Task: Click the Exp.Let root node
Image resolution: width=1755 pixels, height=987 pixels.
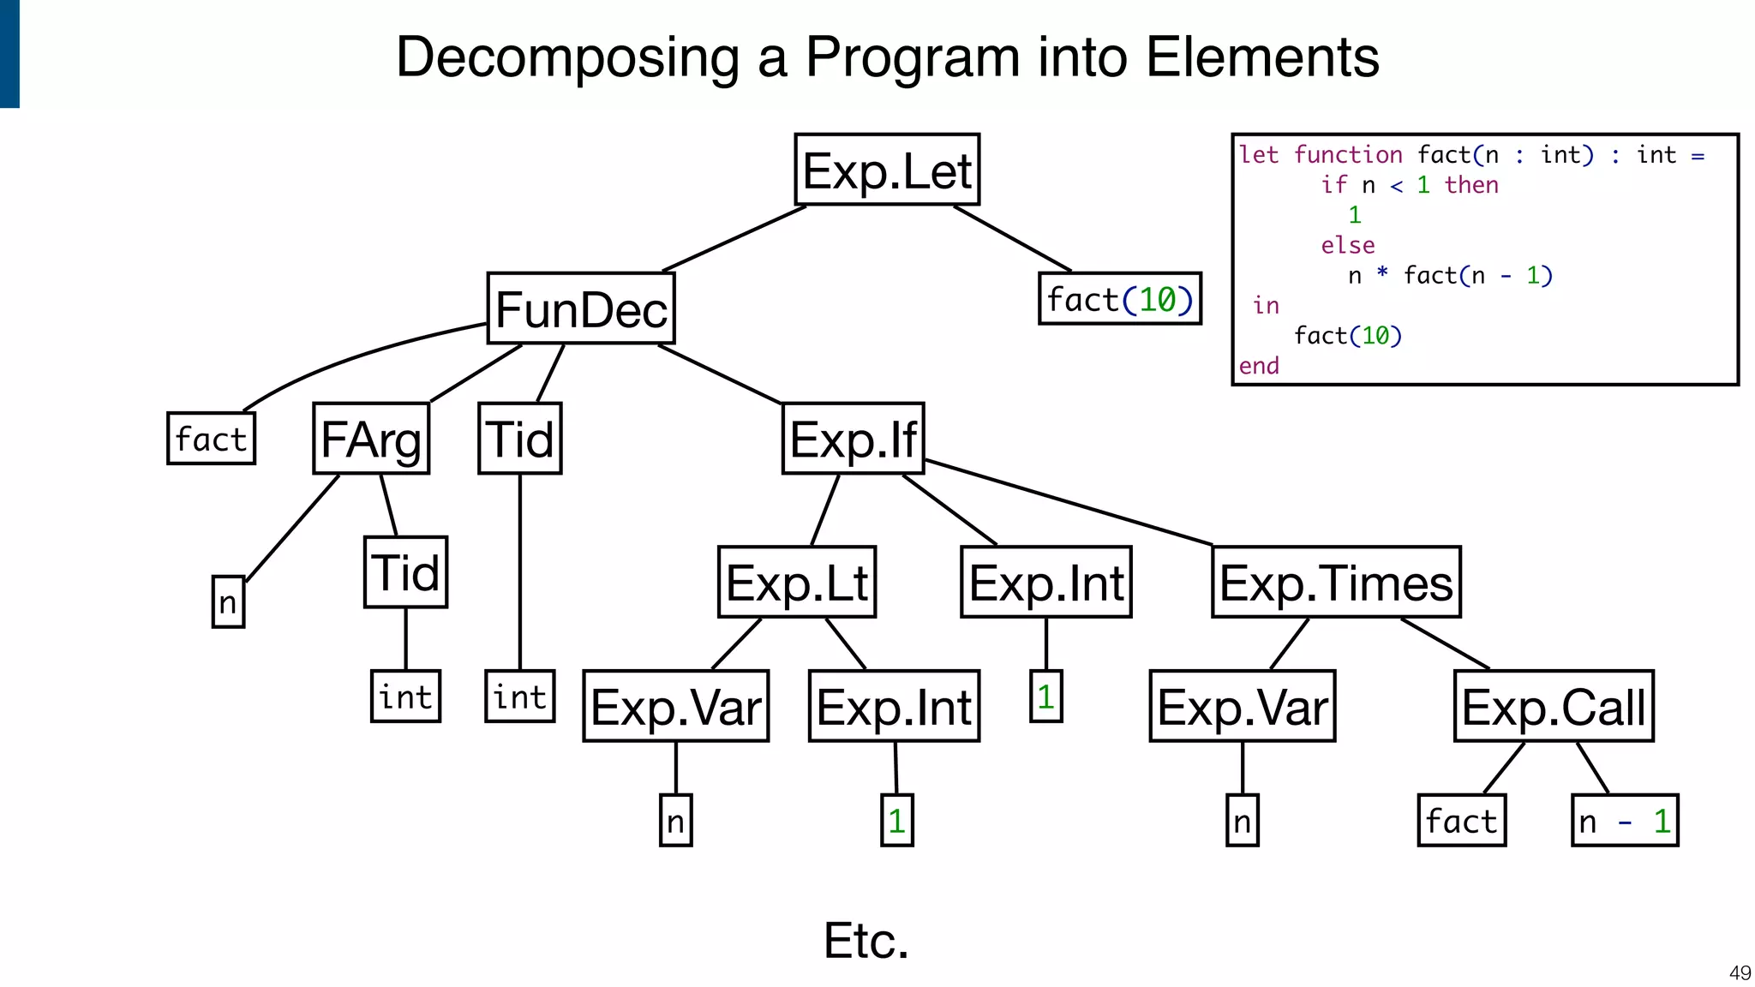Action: coord(887,170)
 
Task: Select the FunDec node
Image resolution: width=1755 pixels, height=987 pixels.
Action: coord(581,308)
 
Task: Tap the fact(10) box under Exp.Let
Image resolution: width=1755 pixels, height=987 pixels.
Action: coord(1120,299)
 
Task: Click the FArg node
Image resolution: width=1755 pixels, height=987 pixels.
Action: coord(371,439)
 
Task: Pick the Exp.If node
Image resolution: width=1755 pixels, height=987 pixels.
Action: coord(854,439)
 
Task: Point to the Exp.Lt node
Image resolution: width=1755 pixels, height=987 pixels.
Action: coord(797,582)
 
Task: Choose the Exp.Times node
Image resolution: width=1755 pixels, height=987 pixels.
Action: coord(1336,582)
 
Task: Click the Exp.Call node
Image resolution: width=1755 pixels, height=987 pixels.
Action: coord(1554,706)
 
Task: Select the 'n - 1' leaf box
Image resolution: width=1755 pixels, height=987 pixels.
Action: coord(1625,821)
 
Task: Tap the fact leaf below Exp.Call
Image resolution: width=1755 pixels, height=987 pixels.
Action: coord(1461,821)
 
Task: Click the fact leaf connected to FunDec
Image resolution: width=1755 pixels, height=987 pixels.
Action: coord(211,439)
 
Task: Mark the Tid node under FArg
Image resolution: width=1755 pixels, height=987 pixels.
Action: coord(405,572)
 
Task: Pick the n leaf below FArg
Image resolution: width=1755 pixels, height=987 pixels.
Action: coord(228,601)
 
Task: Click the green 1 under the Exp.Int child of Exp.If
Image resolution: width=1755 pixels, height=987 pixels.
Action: coord(1045,697)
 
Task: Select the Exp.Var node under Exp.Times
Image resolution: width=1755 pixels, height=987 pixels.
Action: coord(1242,706)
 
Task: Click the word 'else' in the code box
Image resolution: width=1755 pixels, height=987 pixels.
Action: coord(1347,245)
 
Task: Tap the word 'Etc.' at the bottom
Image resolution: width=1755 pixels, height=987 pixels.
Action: coord(866,941)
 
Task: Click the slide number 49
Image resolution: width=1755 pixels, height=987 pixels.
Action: coord(1740,972)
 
